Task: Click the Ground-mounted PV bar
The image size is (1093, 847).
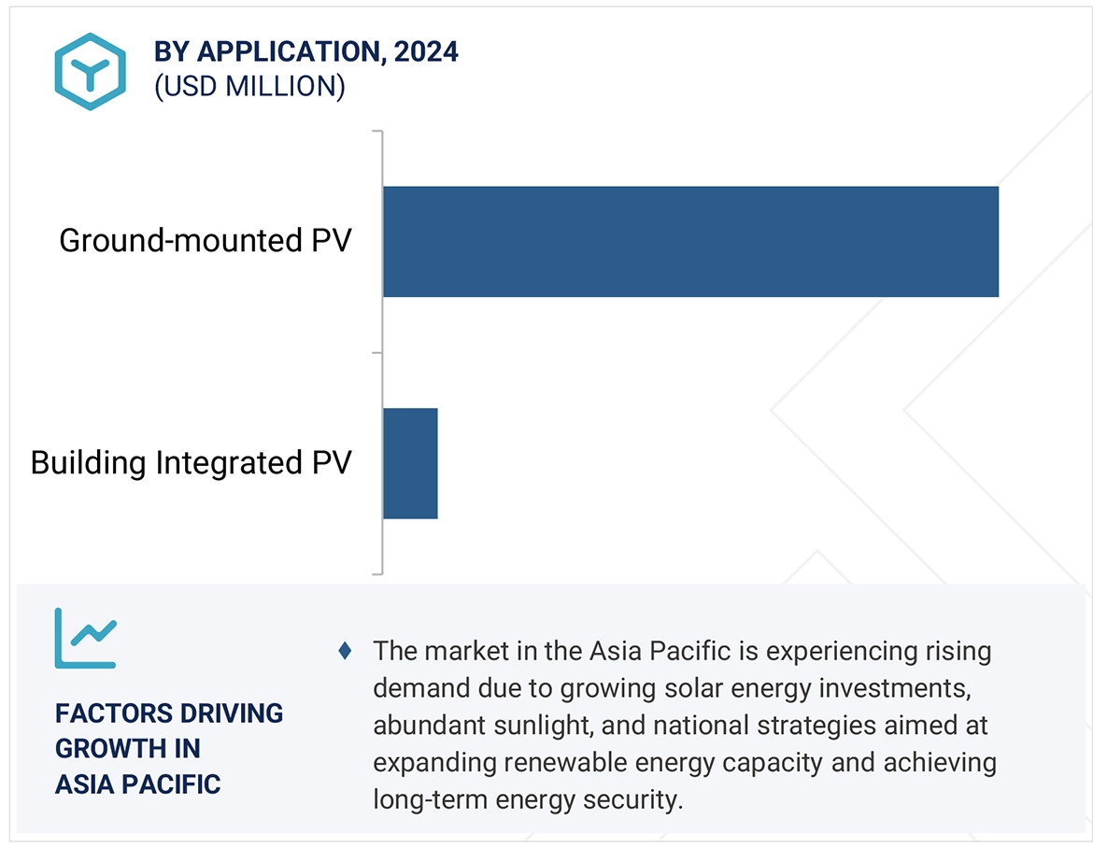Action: (x=689, y=242)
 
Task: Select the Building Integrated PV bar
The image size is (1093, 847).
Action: (x=410, y=463)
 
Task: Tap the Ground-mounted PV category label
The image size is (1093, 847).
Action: (x=205, y=241)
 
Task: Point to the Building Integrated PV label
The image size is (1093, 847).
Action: (x=191, y=463)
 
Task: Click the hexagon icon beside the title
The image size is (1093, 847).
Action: (x=90, y=71)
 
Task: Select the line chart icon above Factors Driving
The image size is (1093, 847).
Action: (x=85, y=639)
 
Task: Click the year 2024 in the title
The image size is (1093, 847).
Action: (x=426, y=52)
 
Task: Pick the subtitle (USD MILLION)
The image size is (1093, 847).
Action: (x=249, y=87)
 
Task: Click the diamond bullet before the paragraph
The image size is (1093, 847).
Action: (x=345, y=651)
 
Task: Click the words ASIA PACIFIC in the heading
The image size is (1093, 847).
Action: (x=137, y=784)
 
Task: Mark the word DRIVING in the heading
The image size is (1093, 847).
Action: (x=233, y=713)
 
